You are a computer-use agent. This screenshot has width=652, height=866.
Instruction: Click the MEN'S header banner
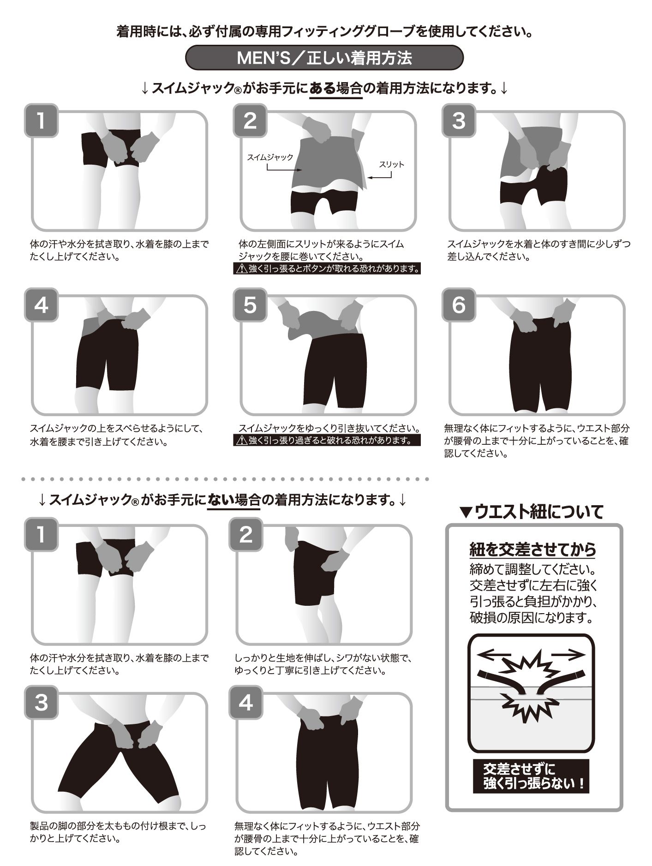(324, 58)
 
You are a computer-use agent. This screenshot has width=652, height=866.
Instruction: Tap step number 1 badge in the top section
(42, 121)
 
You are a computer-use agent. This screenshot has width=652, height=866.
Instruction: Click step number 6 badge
(459, 305)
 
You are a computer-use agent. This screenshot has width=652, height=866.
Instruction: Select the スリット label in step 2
(391, 164)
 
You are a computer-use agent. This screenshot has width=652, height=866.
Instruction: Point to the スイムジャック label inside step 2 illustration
(270, 157)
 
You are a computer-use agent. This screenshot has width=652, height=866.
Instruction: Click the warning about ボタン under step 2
(327, 269)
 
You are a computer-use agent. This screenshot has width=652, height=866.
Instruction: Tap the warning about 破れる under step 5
(327, 440)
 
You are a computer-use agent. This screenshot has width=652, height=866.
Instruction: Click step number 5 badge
(250, 305)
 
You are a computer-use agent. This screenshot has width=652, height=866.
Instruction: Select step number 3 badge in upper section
(459, 121)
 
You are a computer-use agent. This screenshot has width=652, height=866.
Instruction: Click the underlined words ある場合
(335, 88)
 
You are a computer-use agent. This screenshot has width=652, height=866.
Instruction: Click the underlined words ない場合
(234, 499)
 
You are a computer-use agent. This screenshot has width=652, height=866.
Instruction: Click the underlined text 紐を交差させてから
(533, 549)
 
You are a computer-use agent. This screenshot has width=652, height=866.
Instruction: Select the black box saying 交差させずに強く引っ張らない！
(531, 776)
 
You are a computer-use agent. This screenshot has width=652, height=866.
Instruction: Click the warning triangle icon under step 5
(242, 441)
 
